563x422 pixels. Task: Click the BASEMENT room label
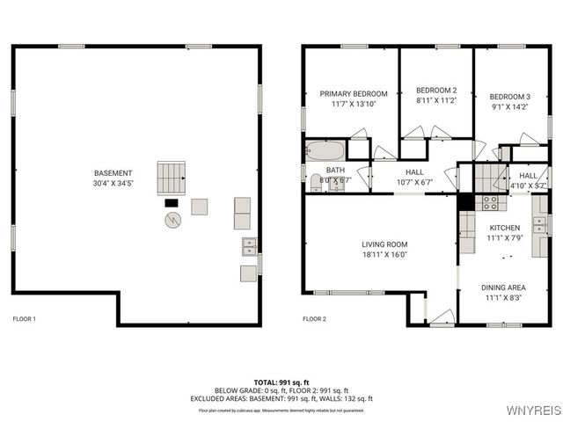pos(113,173)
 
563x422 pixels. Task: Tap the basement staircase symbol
pos(172,178)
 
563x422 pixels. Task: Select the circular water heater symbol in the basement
pos(172,221)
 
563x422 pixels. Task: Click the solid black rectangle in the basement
pos(172,203)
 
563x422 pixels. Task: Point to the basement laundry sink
pos(249,246)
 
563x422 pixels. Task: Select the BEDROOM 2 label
pos(436,91)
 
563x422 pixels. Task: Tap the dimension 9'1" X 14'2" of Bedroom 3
pos(510,107)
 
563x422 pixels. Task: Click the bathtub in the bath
pos(325,150)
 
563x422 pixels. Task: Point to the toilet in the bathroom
pos(316,182)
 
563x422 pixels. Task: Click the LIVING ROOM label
pos(384,244)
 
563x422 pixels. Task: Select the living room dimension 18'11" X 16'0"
pos(384,255)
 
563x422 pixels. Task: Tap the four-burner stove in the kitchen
pos(490,203)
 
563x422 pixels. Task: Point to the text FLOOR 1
pos(24,318)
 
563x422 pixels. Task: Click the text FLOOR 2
pos(314,318)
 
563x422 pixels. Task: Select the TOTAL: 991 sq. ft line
pos(281,382)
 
